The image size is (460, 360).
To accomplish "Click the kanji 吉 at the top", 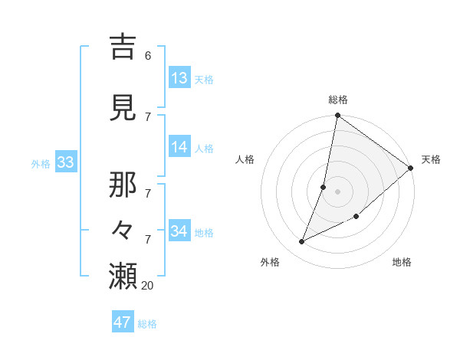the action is (x=123, y=46).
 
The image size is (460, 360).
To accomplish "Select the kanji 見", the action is (x=123, y=108).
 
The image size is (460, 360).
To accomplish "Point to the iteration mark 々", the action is (x=123, y=227).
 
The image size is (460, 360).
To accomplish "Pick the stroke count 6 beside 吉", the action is (x=148, y=55).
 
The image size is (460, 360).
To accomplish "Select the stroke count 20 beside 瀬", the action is (x=147, y=285).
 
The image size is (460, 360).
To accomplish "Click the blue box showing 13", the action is (x=179, y=78).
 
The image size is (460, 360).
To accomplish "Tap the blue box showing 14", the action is (x=179, y=148).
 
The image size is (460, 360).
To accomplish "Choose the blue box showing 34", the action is (x=179, y=231).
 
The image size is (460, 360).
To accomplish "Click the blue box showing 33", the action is (x=65, y=162).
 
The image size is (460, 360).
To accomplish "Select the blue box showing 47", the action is (x=123, y=322).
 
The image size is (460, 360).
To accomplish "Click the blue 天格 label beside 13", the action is (x=204, y=80).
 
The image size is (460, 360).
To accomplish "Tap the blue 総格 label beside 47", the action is (x=147, y=324).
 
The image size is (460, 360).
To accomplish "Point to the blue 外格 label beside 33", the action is (x=41, y=163).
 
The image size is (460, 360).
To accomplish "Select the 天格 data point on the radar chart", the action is (x=411, y=169).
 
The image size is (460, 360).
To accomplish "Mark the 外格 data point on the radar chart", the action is (x=302, y=242).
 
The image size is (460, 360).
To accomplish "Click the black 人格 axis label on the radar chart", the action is (x=245, y=159).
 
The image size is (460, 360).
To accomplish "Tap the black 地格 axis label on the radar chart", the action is (x=402, y=263).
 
